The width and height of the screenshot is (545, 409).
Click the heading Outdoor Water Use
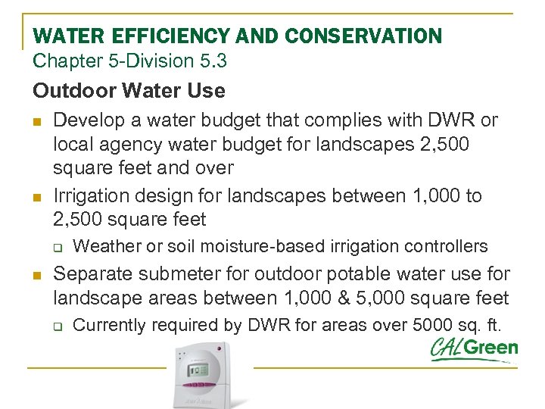point(129,91)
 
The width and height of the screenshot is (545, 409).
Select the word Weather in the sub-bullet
point(104,245)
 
